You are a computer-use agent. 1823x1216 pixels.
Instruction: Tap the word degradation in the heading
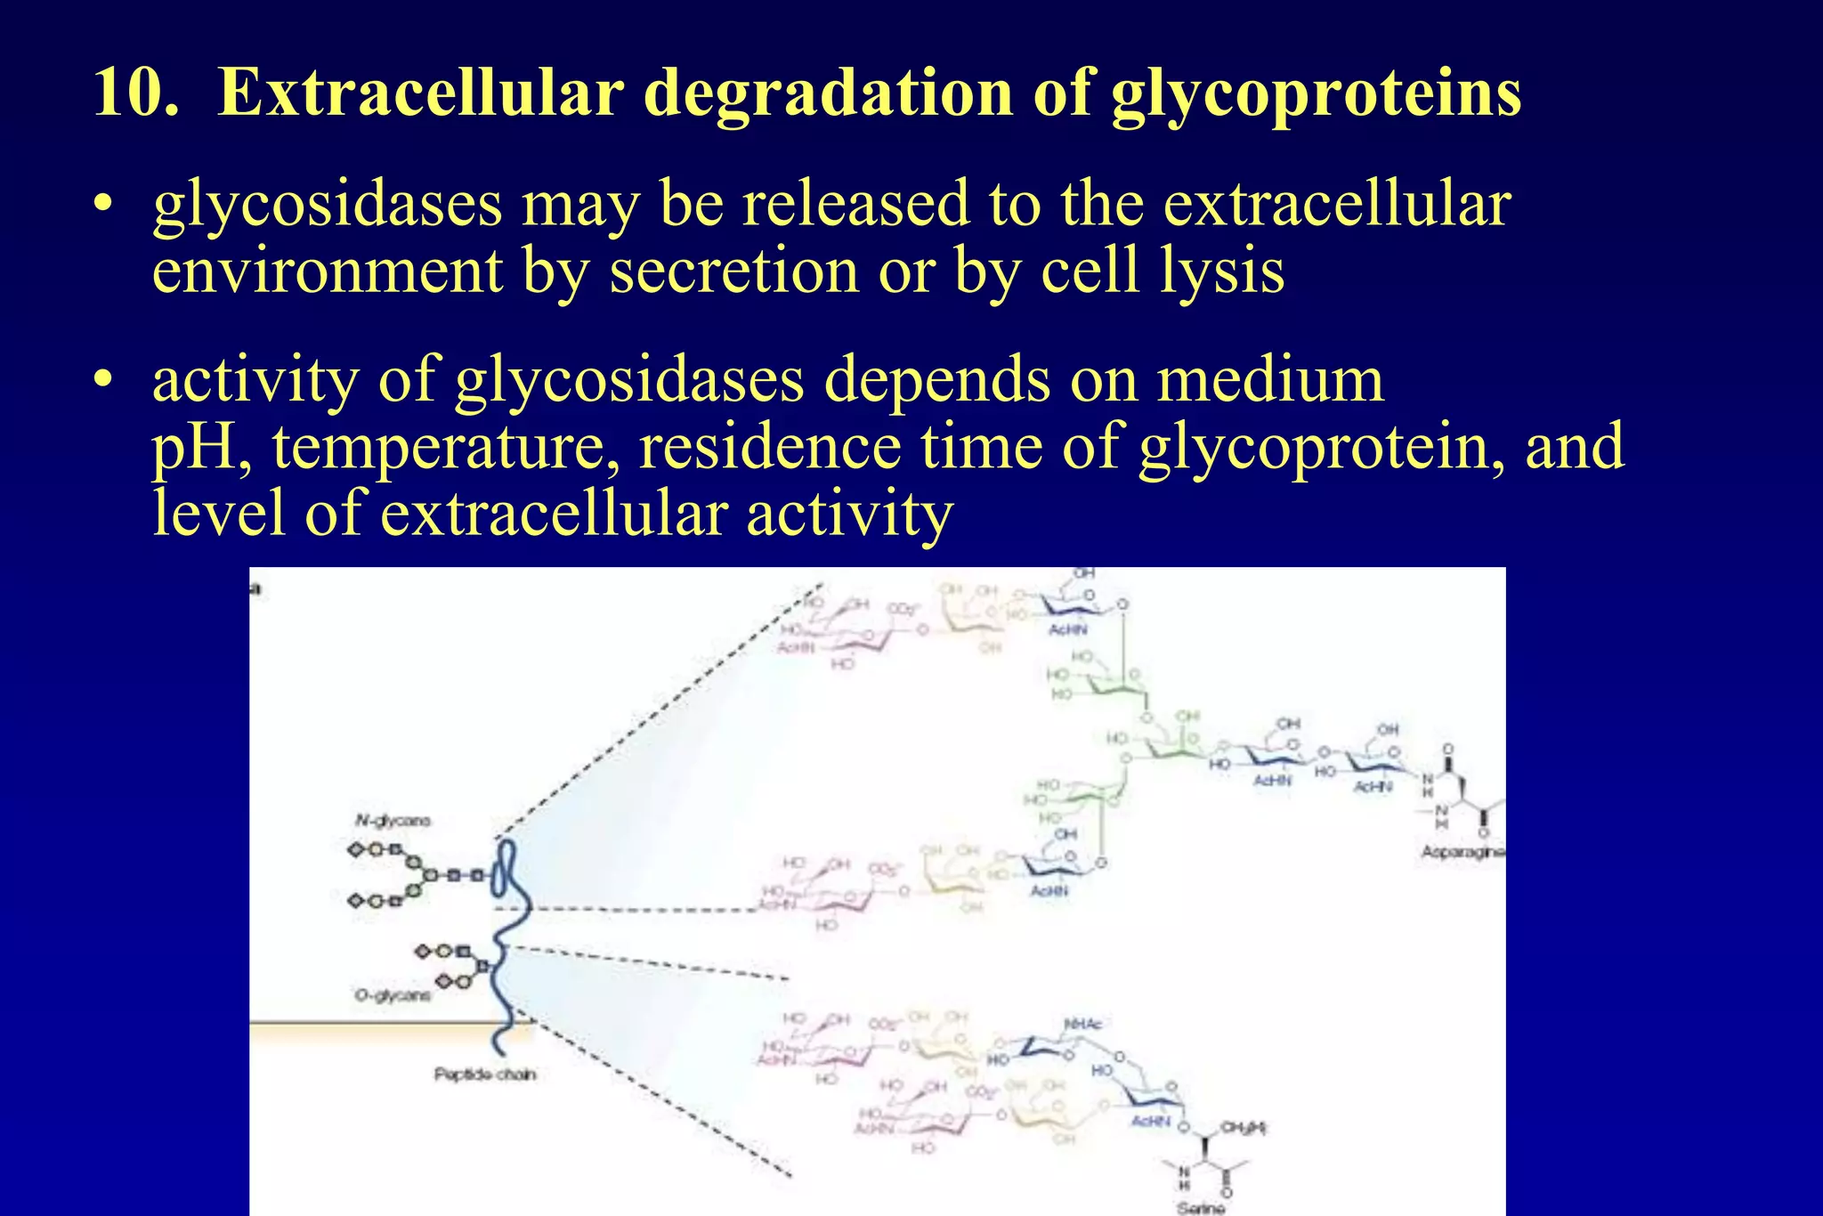828,93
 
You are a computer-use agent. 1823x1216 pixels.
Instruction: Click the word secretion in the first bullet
733,271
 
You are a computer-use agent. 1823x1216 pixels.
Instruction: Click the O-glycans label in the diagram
393,995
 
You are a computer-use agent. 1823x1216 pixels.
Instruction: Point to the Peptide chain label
485,1074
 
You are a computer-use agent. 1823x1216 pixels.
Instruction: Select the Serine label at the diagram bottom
1201,1208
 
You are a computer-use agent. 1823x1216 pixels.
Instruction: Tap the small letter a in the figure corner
256,588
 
